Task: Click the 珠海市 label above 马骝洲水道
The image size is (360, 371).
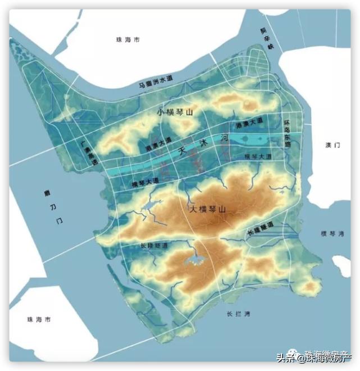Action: (x=127, y=39)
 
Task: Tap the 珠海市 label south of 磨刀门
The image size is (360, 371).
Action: (x=39, y=319)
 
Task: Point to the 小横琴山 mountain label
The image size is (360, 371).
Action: (x=175, y=112)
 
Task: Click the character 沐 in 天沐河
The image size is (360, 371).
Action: (x=199, y=144)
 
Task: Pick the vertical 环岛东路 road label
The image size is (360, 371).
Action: (x=287, y=133)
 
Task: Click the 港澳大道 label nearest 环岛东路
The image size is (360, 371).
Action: (x=249, y=122)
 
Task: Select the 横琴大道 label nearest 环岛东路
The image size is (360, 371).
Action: (x=258, y=155)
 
